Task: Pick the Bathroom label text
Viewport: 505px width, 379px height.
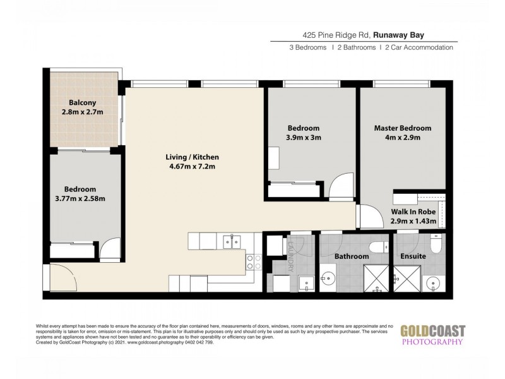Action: [x=352, y=256]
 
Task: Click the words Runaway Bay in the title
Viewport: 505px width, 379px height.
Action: [x=419, y=35]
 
